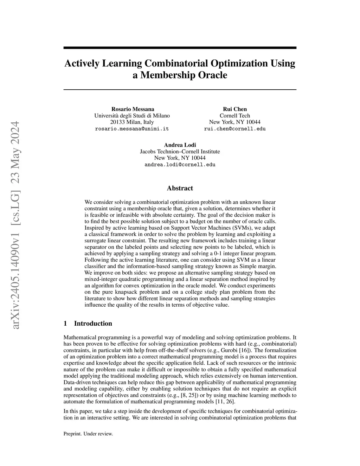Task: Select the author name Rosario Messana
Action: pyautogui.click(x=133, y=109)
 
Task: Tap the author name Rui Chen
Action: pyautogui.click(x=234, y=109)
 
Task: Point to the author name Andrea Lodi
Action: pyautogui.click(x=180, y=145)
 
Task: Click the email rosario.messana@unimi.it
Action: pyautogui.click(x=132, y=129)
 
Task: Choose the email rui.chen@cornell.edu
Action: pyautogui.click(x=234, y=129)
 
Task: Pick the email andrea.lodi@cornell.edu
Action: pyautogui.click(x=180, y=165)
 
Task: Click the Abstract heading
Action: pyautogui.click(x=180, y=188)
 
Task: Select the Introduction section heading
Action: pyautogui.click(x=93, y=324)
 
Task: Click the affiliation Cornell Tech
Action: pyautogui.click(x=234, y=116)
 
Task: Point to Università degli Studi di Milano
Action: pyautogui.click(x=132, y=116)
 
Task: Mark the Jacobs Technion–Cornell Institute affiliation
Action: pyautogui.click(x=180, y=152)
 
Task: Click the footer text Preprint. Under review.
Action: pyautogui.click(x=88, y=434)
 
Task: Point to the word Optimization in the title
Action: pyautogui.click(x=239, y=64)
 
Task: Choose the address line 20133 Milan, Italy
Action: pyautogui.click(x=132, y=122)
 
